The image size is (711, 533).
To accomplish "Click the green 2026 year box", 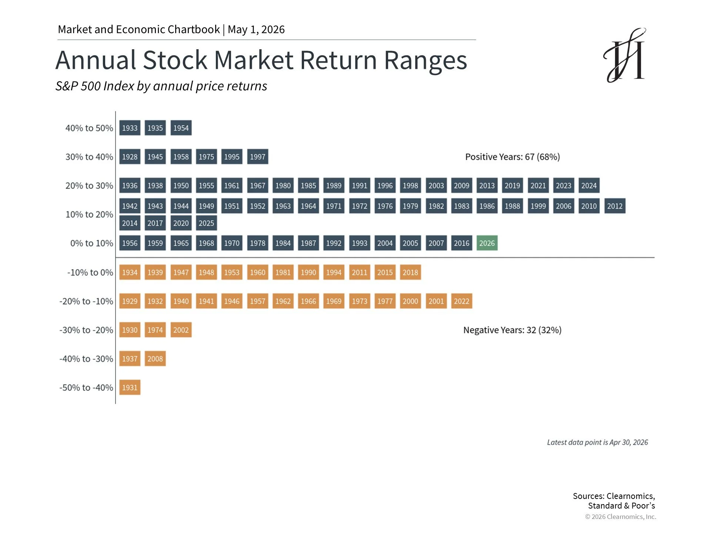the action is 487,243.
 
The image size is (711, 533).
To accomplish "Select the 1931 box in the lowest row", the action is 130,388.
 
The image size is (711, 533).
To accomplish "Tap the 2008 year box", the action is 155,359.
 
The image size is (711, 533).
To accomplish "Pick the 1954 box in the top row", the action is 181,128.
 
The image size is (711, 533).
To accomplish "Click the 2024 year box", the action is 589,186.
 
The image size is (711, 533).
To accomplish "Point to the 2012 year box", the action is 615,206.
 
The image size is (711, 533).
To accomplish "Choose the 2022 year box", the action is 461,301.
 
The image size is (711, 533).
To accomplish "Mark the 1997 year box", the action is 258,157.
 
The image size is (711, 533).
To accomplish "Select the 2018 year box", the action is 410,272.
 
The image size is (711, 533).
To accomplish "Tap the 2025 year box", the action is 206,223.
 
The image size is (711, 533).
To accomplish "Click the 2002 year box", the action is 181,330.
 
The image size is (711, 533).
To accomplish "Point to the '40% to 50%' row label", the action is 89,128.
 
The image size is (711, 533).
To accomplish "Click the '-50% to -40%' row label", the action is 86,388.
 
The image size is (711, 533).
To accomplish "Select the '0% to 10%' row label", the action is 92,243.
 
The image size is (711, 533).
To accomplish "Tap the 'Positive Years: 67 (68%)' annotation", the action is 513,157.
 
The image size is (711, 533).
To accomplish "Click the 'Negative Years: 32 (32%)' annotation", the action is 513,330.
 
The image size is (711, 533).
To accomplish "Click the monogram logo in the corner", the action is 625,55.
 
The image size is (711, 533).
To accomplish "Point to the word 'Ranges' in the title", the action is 425,61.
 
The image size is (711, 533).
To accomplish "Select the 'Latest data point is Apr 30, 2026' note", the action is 598,442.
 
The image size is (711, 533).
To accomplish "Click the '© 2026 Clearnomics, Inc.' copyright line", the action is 620,517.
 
